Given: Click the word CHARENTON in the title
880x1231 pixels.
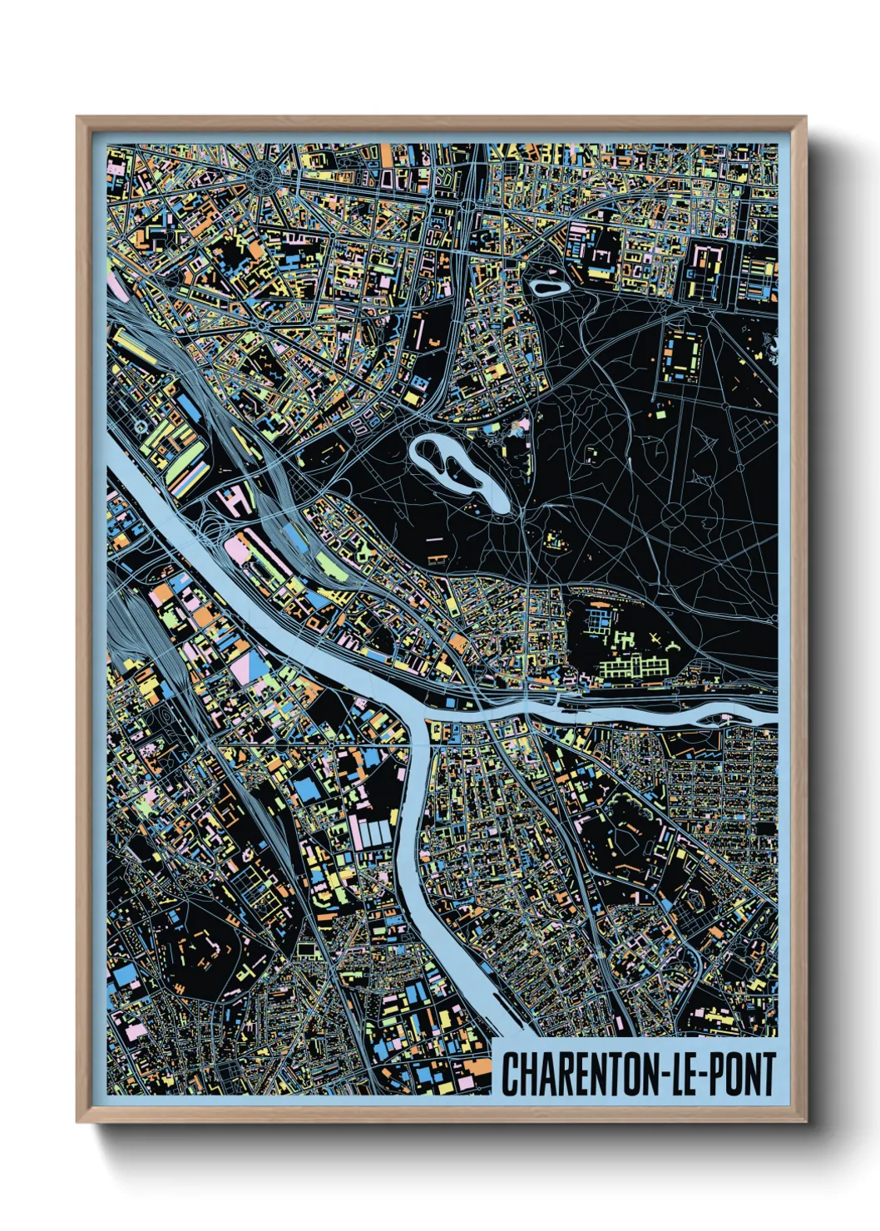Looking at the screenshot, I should [582, 1074].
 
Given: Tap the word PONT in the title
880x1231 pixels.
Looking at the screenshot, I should [742, 1074].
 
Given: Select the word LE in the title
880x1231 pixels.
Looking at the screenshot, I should [685, 1074].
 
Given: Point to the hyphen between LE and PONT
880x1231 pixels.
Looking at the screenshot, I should [705, 1075].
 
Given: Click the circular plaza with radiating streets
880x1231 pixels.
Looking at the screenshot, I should [265, 175].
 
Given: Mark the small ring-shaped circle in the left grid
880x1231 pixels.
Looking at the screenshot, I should [141, 428].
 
